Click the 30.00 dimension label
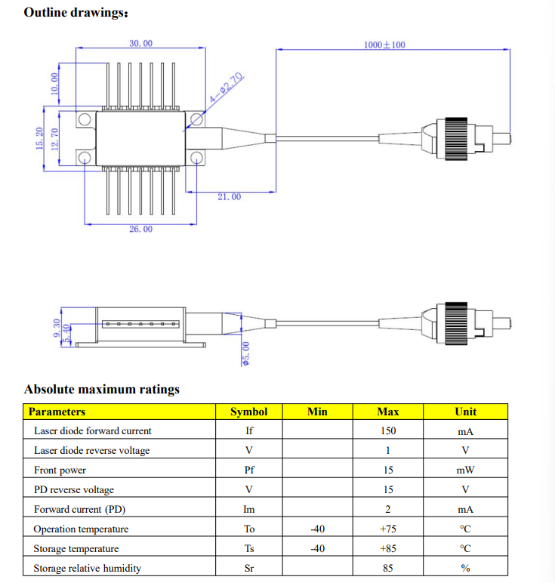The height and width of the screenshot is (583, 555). pos(140,44)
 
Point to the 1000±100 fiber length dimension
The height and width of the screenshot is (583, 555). pos(384,45)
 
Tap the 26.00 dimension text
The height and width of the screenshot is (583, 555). pos(140,229)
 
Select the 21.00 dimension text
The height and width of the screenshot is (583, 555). pos(229,197)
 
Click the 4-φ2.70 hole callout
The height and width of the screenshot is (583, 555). pos(227,89)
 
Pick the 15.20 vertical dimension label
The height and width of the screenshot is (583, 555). pos(40,138)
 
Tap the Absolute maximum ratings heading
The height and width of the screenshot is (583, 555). pos(102,390)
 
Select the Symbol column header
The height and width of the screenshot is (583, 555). pos(248,412)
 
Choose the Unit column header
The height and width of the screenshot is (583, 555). pos(465,412)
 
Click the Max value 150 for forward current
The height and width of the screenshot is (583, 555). pos(388,431)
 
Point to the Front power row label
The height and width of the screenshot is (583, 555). pos(60,470)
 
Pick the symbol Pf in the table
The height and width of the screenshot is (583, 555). pos(248,470)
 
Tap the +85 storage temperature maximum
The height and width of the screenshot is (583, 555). pos(388,549)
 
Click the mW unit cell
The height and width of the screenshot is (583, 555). pos(465,470)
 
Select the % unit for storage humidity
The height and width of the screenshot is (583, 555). pos(465,569)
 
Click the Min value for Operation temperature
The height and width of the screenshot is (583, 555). pos(318,529)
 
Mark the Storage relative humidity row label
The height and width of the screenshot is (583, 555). pos(87,569)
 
